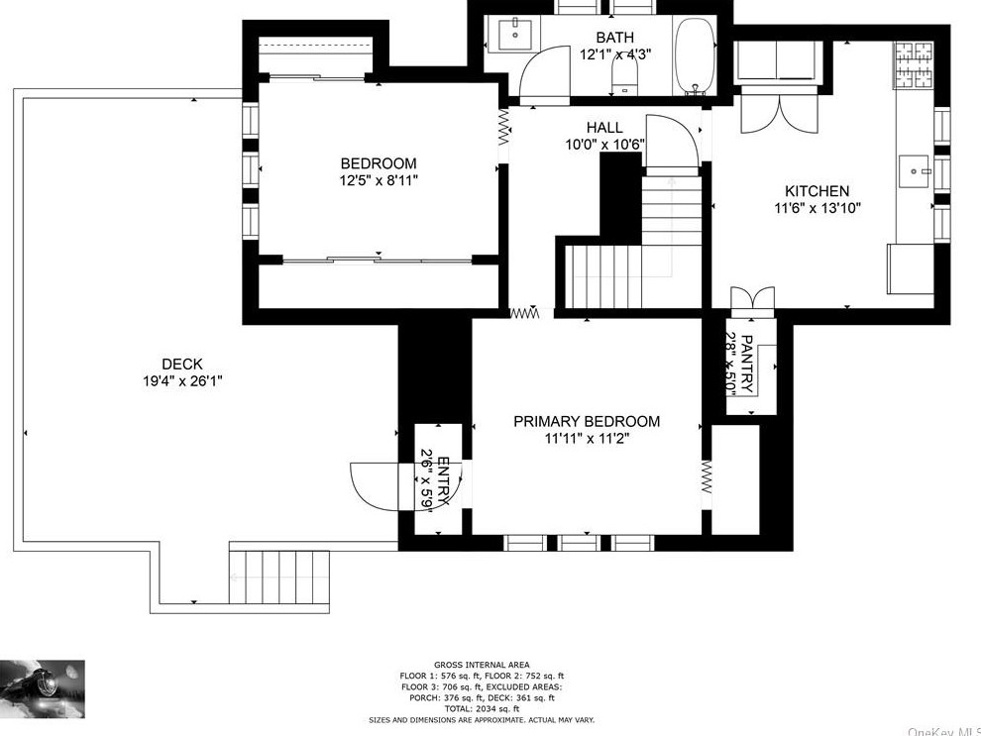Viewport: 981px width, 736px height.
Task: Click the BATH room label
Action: [x=614, y=38]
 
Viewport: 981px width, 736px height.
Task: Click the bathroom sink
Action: [x=514, y=37]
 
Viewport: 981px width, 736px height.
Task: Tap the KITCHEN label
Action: [x=817, y=191]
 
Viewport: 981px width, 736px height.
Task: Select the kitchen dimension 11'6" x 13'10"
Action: [x=817, y=208]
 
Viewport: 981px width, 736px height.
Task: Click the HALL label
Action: [x=604, y=128]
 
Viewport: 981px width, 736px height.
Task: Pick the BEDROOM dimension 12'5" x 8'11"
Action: [x=378, y=180]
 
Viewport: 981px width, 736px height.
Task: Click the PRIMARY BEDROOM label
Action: [x=586, y=421]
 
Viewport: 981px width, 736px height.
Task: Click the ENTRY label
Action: [x=443, y=480]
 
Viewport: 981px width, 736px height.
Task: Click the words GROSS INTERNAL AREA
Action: [x=481, y=665]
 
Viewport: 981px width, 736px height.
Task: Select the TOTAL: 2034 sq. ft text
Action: [x=481, y=708]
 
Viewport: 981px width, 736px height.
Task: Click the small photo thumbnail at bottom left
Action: [x=43, y=688]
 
